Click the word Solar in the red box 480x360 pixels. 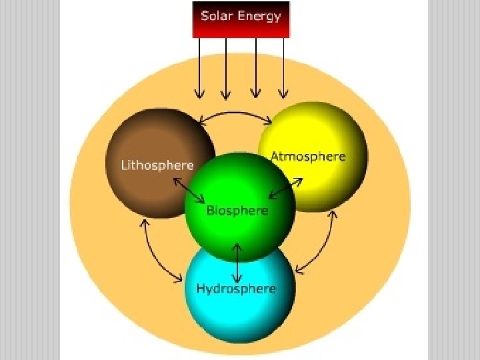[218, 16]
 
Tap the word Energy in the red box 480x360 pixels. [259, 17]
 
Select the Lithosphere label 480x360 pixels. [157, 165]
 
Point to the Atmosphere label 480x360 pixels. [308, 157]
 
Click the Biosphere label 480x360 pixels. [237, 211]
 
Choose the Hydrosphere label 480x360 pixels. [235, 289]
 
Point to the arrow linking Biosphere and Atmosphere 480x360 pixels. [285, 188]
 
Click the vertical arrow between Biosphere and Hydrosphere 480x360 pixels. [237, 263]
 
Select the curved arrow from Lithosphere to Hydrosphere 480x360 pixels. [155, 253]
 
